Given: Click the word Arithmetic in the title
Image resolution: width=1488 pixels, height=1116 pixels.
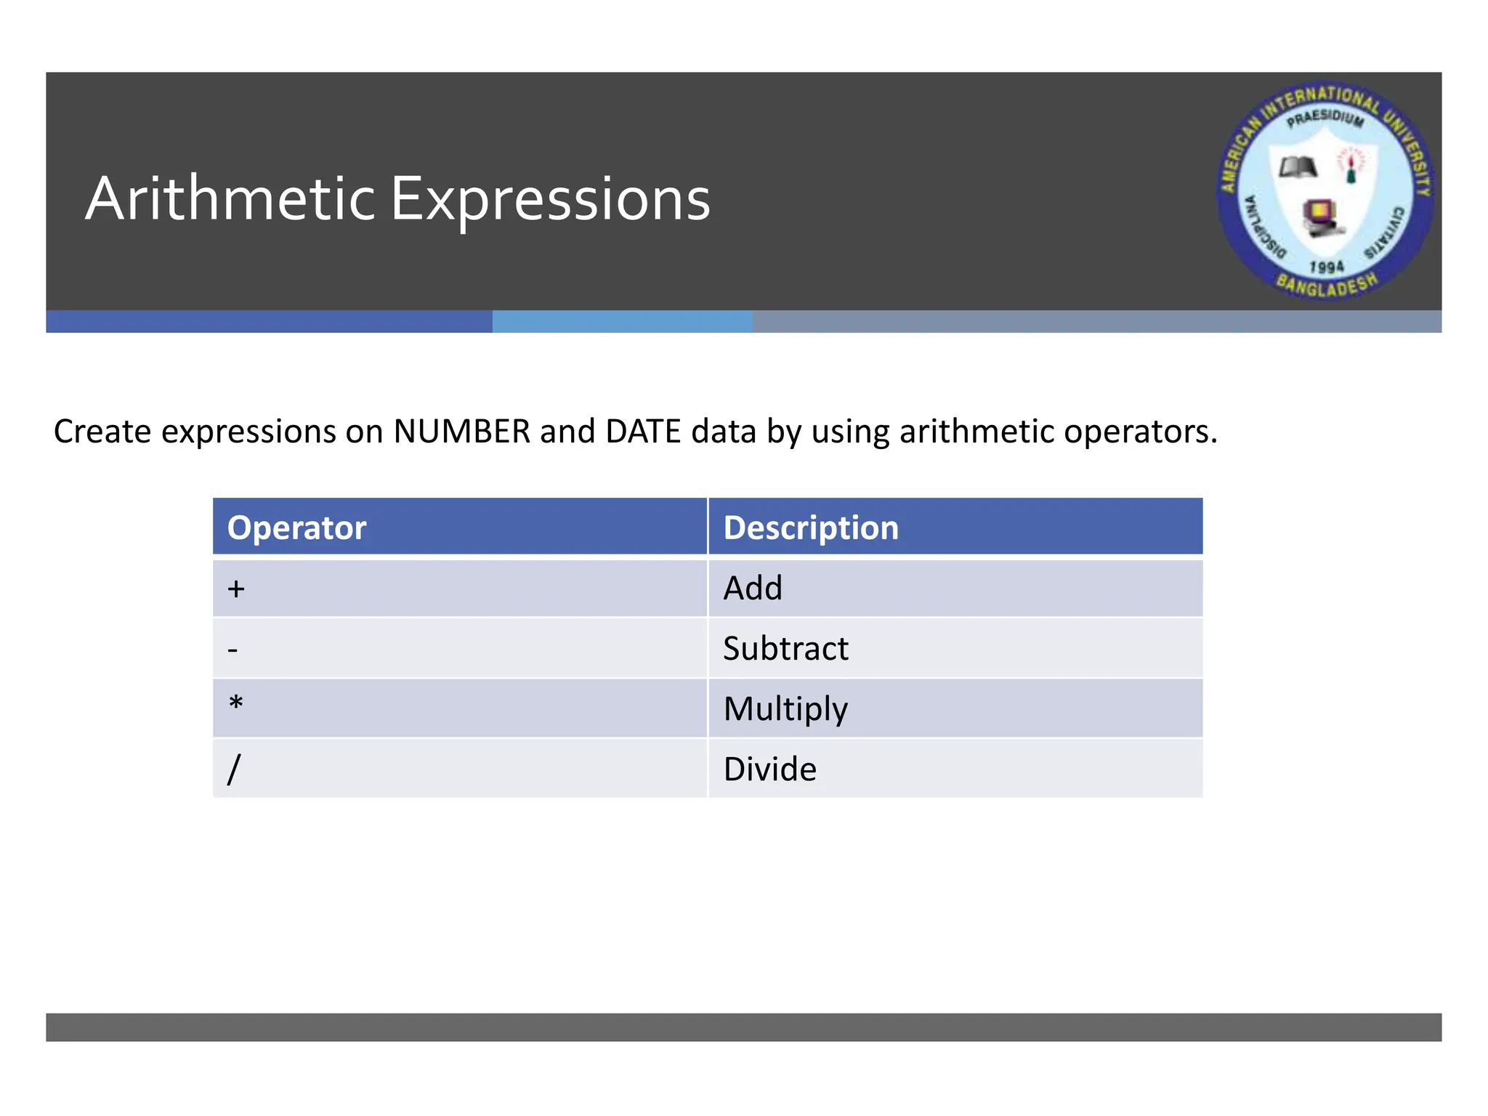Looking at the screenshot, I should point(230,199).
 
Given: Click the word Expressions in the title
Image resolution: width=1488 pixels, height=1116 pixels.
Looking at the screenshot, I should point(550,201).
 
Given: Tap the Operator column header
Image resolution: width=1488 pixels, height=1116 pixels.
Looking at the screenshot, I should point(296,527).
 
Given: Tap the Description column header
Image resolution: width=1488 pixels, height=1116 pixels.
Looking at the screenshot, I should point(811,527).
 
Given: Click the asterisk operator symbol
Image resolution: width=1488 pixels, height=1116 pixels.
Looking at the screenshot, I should point(235,704).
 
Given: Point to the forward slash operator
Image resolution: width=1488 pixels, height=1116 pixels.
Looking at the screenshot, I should point(233,769).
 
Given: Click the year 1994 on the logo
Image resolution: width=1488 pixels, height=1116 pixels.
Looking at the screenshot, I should point(1327,267).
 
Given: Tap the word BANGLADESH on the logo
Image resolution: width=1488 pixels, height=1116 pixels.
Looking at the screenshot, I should point(1327,285).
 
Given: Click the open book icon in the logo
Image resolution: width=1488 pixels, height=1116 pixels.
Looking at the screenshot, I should point(1298,168).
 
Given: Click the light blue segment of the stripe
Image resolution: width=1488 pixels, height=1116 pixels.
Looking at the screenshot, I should point(622,321).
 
